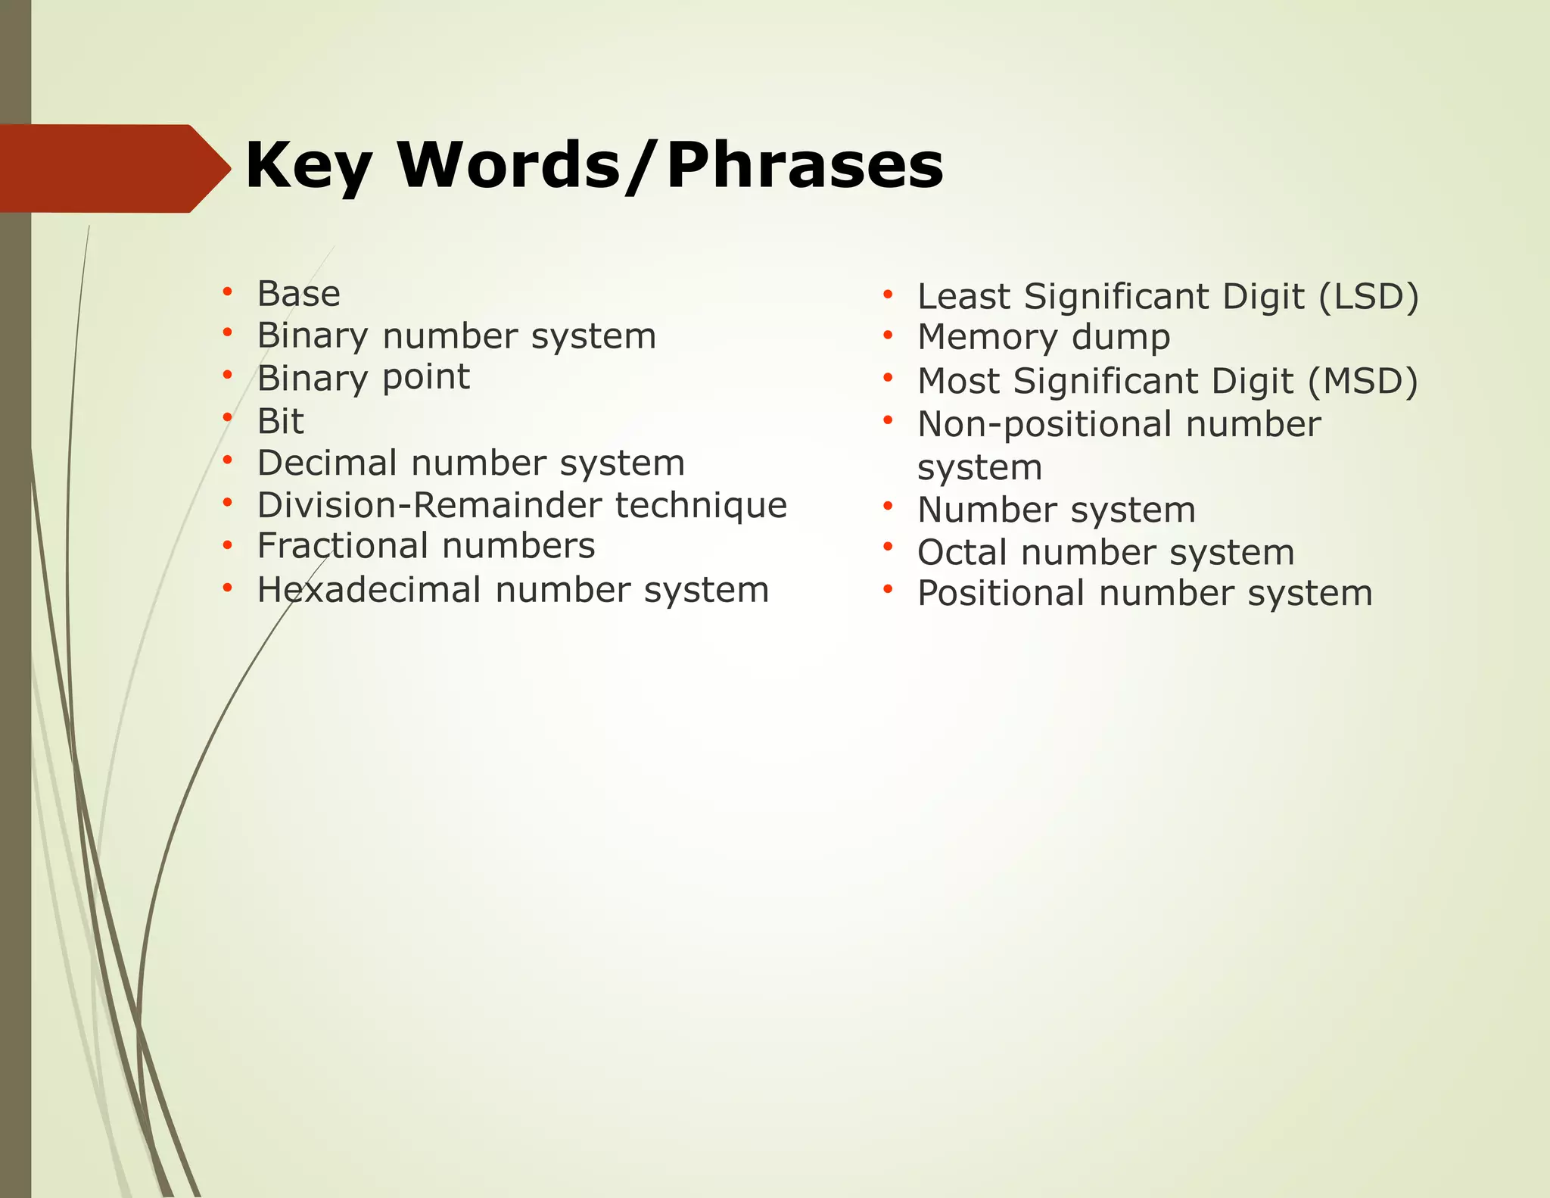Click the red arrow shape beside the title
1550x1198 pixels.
[114, 168]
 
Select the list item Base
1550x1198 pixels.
[298, 294]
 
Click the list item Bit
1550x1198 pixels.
[280, 421]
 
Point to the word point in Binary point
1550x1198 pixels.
[426, 378]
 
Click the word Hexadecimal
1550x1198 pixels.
[369, 590]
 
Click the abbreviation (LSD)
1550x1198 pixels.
[1368, 297]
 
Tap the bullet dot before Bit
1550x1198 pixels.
[227, 416]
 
